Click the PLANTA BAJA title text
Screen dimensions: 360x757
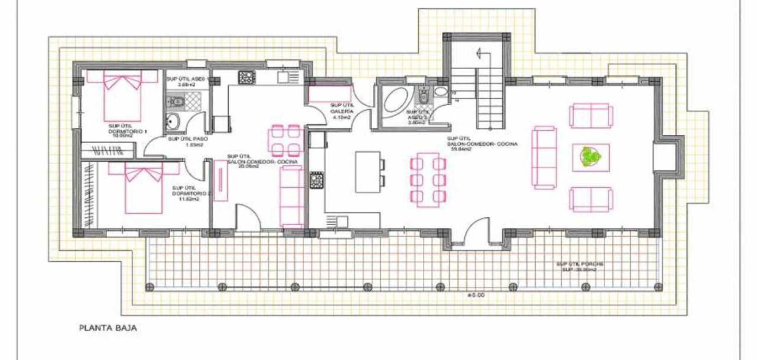[x=108, y=329]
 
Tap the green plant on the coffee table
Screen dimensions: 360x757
[x=590, y=157]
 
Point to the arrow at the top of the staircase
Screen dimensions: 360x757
[x=481, y=53]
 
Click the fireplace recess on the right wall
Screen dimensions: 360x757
[x=665, y=157]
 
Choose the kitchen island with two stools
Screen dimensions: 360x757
[x=368, y=172]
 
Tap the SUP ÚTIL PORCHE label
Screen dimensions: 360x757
[x=580, y=264]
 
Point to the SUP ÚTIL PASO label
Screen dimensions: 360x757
[x=187, y=138]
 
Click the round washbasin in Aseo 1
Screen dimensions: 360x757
[x=173, y=121]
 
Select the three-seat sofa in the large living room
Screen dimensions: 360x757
[x=545, y=157]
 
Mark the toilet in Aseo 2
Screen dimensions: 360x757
[x=423, y=96]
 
